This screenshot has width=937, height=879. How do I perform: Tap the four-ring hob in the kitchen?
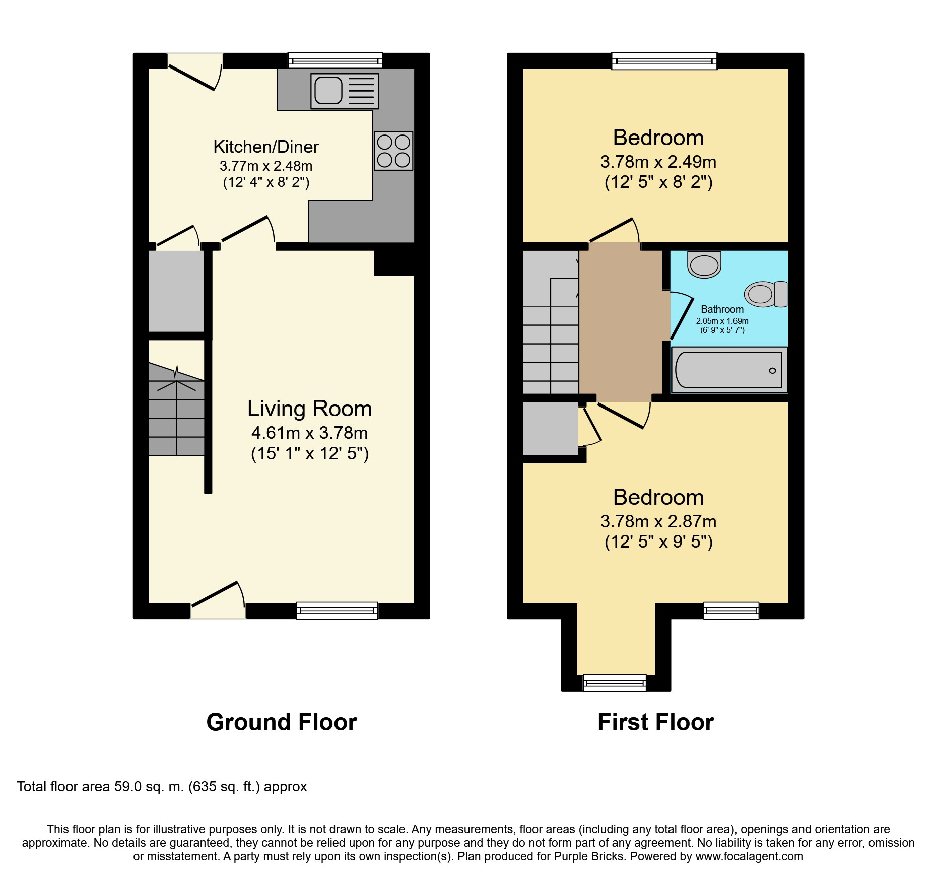(x=393, y=151)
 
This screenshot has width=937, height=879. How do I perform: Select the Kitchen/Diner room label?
(x=266, y=147)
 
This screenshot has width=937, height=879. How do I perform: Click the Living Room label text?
(x=309, y=409)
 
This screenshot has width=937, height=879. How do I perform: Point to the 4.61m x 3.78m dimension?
(x=309, y=433)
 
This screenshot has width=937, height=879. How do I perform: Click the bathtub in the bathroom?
(x=729, y=370)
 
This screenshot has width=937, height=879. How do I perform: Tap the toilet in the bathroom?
(x=766, y=294)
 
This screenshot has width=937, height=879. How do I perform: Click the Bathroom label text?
(x=722, y=309)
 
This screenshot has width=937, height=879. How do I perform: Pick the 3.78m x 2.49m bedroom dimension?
(x=658, y=162)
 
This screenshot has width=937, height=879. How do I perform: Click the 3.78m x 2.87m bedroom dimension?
(x=658, y=521)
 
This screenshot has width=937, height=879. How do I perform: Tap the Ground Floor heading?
(x=282, y=722)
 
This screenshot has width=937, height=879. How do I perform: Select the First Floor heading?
(x=655, y=722)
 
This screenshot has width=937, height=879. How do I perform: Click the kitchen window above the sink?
(x=335, y=60)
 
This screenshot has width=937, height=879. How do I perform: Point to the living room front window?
(x=337, y=611)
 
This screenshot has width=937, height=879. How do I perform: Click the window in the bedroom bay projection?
(x=614, y=683)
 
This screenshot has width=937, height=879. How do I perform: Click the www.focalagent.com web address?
(x=749, y=856)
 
